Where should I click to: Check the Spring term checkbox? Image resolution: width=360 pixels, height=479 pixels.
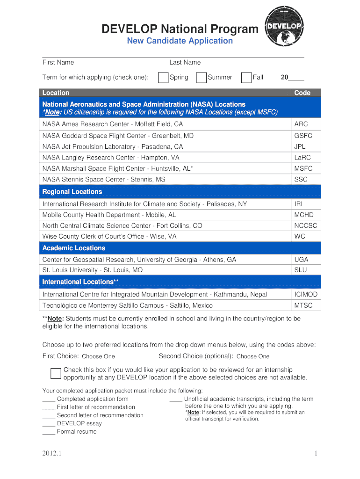coord(163,78)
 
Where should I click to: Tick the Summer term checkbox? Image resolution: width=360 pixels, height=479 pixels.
coord(201,78)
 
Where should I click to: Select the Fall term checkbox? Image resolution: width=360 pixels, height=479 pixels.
coord(246,78)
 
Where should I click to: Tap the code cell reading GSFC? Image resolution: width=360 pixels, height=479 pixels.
coord(303,136)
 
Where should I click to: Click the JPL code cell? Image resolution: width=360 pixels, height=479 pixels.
coord(300,146)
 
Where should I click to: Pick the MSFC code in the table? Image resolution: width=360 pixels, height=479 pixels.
coord(303,168)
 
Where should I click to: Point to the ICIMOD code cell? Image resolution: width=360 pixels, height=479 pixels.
coord(306,294)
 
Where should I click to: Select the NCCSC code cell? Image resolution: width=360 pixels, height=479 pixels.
coord(306,225)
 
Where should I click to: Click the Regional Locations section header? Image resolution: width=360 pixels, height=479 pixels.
coord(72,192)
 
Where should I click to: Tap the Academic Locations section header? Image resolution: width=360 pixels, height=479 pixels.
coord(74,248)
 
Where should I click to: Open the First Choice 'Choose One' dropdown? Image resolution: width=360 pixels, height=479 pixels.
coord(98,356)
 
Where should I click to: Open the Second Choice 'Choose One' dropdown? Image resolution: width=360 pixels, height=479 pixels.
coord(253,356)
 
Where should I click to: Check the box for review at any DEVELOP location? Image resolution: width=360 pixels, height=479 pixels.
coord(56,373)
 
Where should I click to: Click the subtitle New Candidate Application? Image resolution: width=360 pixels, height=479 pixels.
coord(180,41)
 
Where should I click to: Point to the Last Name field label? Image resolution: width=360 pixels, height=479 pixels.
coord(185,62)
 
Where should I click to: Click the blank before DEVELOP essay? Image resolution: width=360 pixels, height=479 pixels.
coord(49,424)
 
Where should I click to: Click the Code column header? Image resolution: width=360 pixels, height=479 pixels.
coord(302,93)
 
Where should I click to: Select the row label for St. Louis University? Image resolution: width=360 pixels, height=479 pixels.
coord(93,270)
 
